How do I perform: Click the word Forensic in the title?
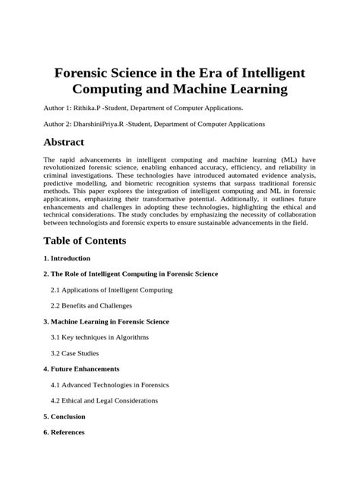(x=89, y=74)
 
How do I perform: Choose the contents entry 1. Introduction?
(x=67, y=257)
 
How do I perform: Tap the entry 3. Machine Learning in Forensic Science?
(x=106, y=321)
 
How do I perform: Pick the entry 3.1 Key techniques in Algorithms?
(x=99, y=336)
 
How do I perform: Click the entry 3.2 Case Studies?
(x=74, y=352)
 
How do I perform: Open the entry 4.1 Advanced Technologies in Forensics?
(x=109, y=384)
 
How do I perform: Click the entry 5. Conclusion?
(x=65, y=416)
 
